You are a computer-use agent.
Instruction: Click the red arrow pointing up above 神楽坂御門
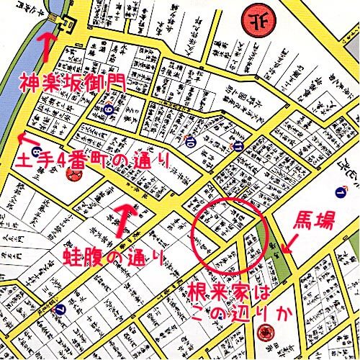(x=48, y=45)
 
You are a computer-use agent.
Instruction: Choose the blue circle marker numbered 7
(x=60, y=311)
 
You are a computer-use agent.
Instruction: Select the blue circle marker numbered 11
(x=238, y=146)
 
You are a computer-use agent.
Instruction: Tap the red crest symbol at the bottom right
(x=266, y=332)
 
